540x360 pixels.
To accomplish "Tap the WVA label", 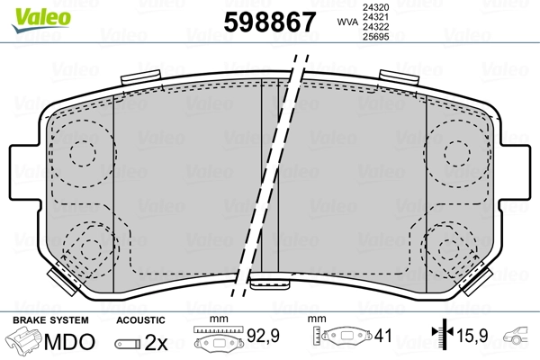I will [346, 21].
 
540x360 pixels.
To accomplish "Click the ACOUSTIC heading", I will [140, 320].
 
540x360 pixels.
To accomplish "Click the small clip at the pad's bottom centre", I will [268, 285].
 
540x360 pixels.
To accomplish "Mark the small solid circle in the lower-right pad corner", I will [447, 249].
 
